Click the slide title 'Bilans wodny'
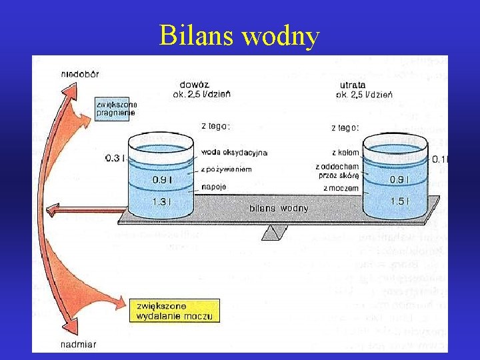point(239,36)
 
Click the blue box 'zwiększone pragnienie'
point(116,108)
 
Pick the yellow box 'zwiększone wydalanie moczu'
point(175,311)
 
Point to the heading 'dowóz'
point(195,84)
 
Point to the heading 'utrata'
point(353,85)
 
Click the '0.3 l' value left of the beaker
point(115,158)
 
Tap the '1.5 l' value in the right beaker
point(399,201)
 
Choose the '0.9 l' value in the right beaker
point(399,179)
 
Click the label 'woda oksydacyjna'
point(234,153)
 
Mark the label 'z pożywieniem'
point(227,169)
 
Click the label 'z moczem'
point(341,188)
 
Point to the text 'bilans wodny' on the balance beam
point(279,208)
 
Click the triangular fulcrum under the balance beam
point(275,231)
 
